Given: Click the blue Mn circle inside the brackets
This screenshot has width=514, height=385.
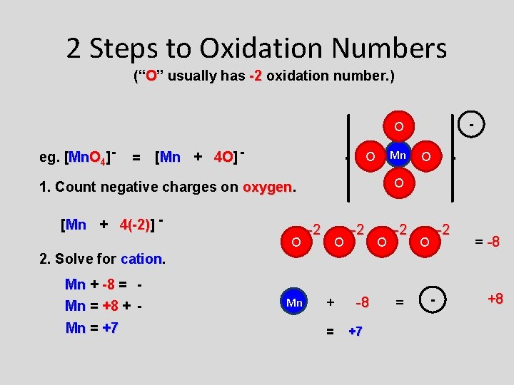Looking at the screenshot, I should pos(398,155).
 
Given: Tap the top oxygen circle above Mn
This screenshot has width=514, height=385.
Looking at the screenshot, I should pos(399,127).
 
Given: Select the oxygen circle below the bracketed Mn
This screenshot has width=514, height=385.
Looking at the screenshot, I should pos(399,183).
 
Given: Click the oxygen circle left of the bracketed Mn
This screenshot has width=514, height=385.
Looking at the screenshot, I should pos(370,156).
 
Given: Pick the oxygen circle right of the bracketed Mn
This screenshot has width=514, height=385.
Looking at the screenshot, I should pos(425,156).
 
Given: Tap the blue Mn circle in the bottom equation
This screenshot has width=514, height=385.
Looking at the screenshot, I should pos(294,302).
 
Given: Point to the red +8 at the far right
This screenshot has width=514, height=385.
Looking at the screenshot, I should pos(494,298).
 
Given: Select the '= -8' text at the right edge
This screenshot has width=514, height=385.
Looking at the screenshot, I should pos(486,242).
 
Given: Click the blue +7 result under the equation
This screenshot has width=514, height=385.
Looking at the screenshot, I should pos(355,331).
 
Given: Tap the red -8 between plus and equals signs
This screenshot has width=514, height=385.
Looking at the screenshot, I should pos(363,302).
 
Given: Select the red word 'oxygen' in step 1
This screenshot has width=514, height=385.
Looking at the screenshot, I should pos(268,187).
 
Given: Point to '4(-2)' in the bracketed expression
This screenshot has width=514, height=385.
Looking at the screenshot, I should pos(135,225).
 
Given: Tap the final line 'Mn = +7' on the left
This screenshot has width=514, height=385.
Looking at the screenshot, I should pos(91,328).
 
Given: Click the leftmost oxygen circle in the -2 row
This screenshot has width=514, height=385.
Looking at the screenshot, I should pos(296,242).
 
